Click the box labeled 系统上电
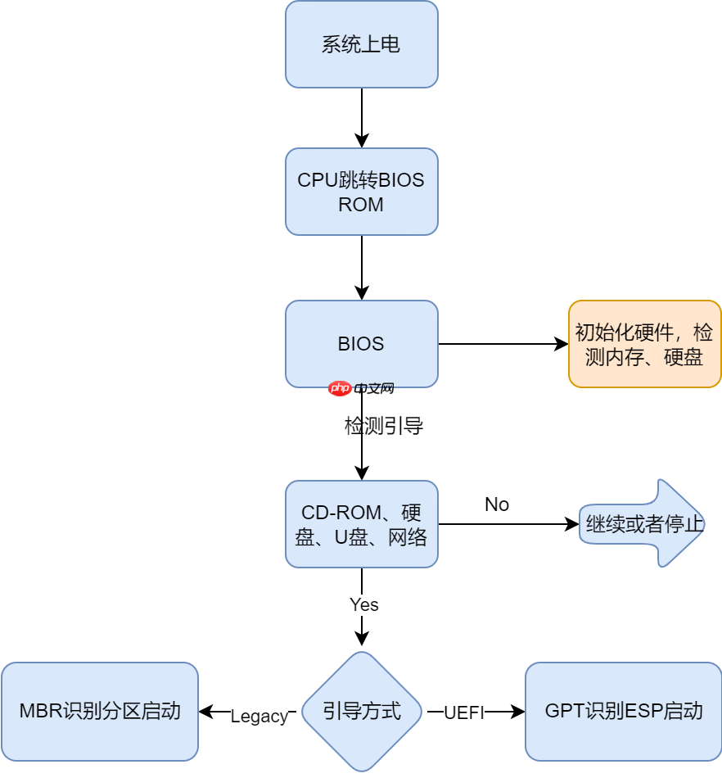361,44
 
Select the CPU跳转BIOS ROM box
361,192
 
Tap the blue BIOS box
361,344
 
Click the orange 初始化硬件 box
644,344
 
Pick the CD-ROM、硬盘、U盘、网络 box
361,524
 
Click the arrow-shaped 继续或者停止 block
643,524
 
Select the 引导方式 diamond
361,711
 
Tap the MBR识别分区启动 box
100,711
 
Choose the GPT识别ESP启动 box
623,711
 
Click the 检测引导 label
383,426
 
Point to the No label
497,504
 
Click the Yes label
363,604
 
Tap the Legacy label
259,717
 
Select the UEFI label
464,713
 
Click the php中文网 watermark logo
361,388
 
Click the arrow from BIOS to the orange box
503,344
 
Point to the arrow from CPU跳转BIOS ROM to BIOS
361,267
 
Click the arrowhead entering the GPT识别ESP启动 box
518,712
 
